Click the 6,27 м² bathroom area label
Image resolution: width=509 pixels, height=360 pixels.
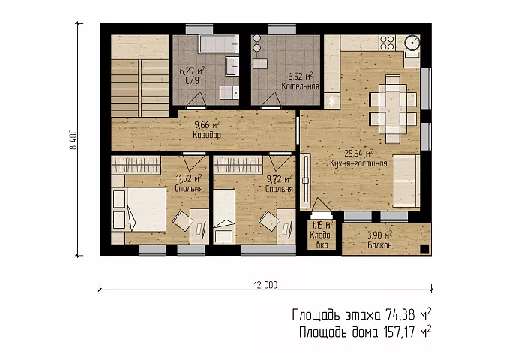point(192,70)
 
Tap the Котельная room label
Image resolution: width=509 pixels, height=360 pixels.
point(300,86)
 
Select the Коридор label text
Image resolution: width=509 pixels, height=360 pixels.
point(207,135)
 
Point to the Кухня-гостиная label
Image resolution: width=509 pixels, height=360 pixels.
point(358,163)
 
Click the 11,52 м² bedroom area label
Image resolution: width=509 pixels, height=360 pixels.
point(189,178)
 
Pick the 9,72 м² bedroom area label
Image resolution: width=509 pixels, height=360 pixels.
point(279,179)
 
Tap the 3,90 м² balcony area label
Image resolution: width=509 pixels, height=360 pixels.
point(379,235)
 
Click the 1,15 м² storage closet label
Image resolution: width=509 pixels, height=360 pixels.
point(322,225)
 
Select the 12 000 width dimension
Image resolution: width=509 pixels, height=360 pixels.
point(265,285)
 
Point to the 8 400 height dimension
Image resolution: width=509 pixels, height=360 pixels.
point(73,139)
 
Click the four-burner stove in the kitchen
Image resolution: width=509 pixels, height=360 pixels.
point(387,43)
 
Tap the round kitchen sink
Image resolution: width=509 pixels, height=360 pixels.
point(412,42)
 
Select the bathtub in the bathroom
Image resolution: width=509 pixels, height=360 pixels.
point(218,43)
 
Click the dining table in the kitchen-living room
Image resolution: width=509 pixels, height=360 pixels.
point(393,109)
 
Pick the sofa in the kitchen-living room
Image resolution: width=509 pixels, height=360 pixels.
point(406,181)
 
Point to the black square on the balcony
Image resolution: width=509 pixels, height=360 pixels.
point(424,249)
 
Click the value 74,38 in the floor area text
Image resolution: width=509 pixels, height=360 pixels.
point(400,315)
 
